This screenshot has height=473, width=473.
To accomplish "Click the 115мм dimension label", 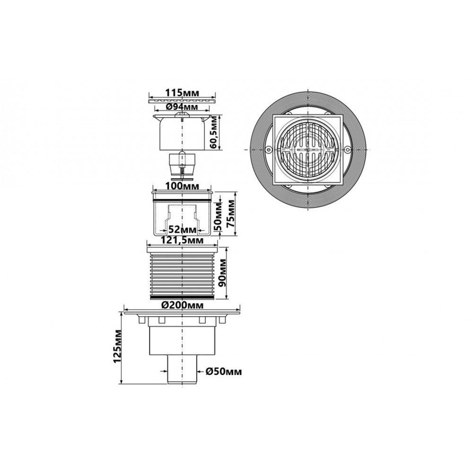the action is point(183,93).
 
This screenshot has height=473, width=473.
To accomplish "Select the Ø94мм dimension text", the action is point(182,106).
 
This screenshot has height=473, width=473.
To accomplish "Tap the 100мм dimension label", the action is point(182,186).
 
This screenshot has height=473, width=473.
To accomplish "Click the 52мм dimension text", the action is point(182,230).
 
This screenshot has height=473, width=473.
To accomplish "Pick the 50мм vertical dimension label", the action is point(218,216).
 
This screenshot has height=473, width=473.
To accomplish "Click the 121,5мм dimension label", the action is point(182,240).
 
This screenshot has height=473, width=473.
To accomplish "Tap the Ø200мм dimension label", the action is point(182,305).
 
